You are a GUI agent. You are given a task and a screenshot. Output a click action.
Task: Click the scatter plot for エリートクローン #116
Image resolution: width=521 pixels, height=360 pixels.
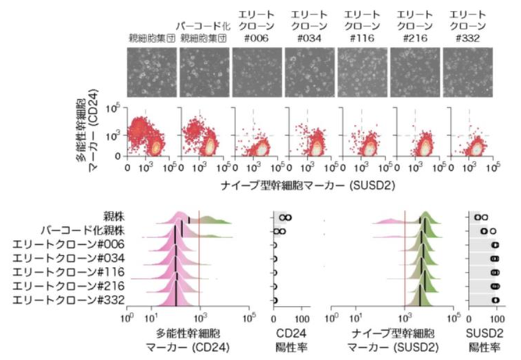(362, 134)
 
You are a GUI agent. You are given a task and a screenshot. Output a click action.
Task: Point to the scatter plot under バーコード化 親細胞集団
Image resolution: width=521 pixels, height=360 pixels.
(204, 134)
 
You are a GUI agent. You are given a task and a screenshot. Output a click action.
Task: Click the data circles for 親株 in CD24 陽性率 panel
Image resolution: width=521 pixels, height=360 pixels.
(285, 218)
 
